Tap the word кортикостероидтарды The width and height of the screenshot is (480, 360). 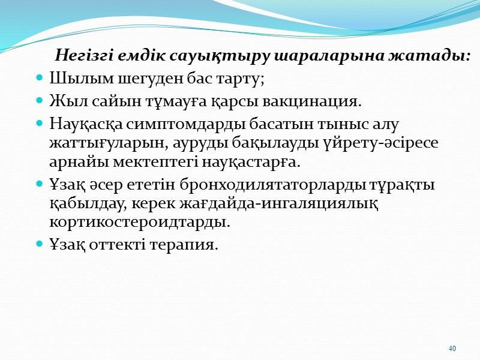coord(139,222)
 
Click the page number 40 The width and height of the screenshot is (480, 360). coord(452,348)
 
